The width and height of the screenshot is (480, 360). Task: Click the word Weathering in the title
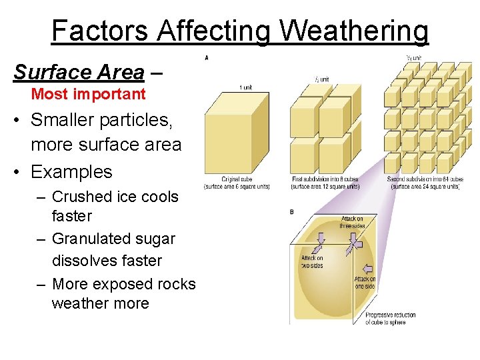(354, 31)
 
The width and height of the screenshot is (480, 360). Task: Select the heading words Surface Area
(79, 72)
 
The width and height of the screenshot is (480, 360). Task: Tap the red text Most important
(88, 94)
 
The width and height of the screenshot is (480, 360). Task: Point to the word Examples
(71, 171)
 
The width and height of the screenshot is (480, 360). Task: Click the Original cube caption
(237, 183)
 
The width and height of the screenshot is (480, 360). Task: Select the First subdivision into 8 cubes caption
(325, 183)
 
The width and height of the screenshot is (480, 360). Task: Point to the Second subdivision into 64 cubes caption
(425, 183)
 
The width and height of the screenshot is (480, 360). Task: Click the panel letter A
(207, 58)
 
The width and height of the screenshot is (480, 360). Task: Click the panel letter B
(292, 212)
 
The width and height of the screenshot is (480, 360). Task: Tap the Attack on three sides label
(353, 222)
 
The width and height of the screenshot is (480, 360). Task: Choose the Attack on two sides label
(312, 261)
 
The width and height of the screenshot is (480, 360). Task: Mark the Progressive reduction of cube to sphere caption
(390, 319)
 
